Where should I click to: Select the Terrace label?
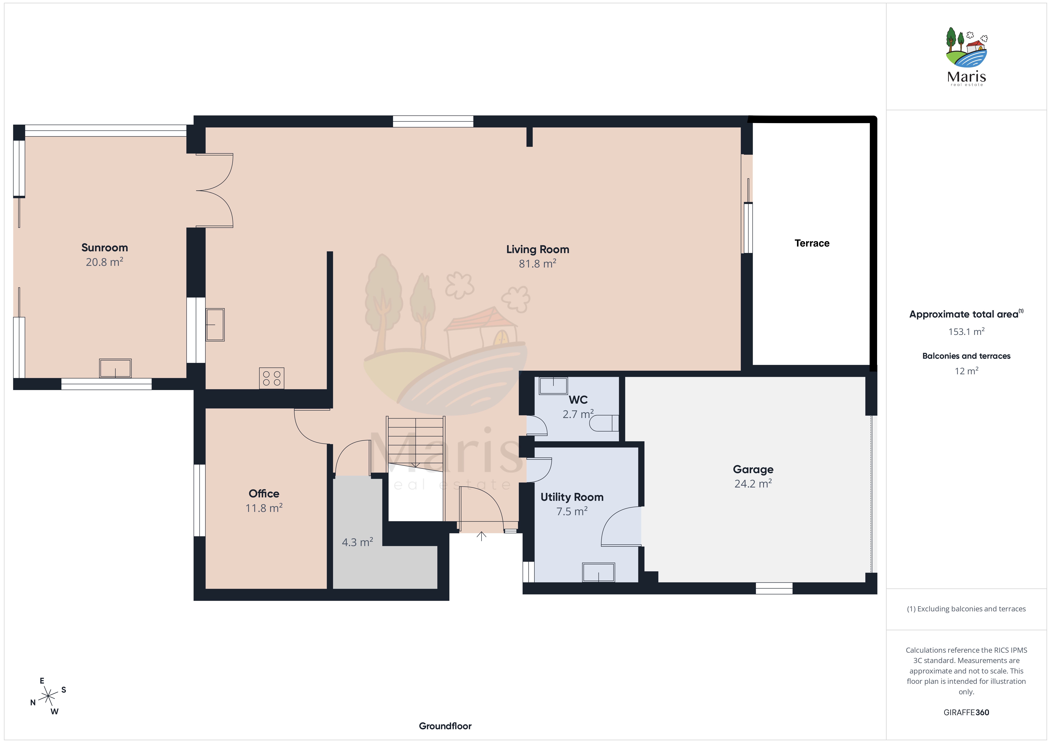tap(812, 243)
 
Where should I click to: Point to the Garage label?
tap(753, 469)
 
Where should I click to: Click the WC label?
tap(578, 400)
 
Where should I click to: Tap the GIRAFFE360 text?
tap(966, 712)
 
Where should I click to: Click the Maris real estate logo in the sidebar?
tap(966, 56)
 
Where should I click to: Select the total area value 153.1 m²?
tap(966, 331)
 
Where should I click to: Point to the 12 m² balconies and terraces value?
tap(966, 371)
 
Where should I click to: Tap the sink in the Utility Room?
tap(598, 572)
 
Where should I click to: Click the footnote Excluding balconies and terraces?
tap(966, 609)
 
